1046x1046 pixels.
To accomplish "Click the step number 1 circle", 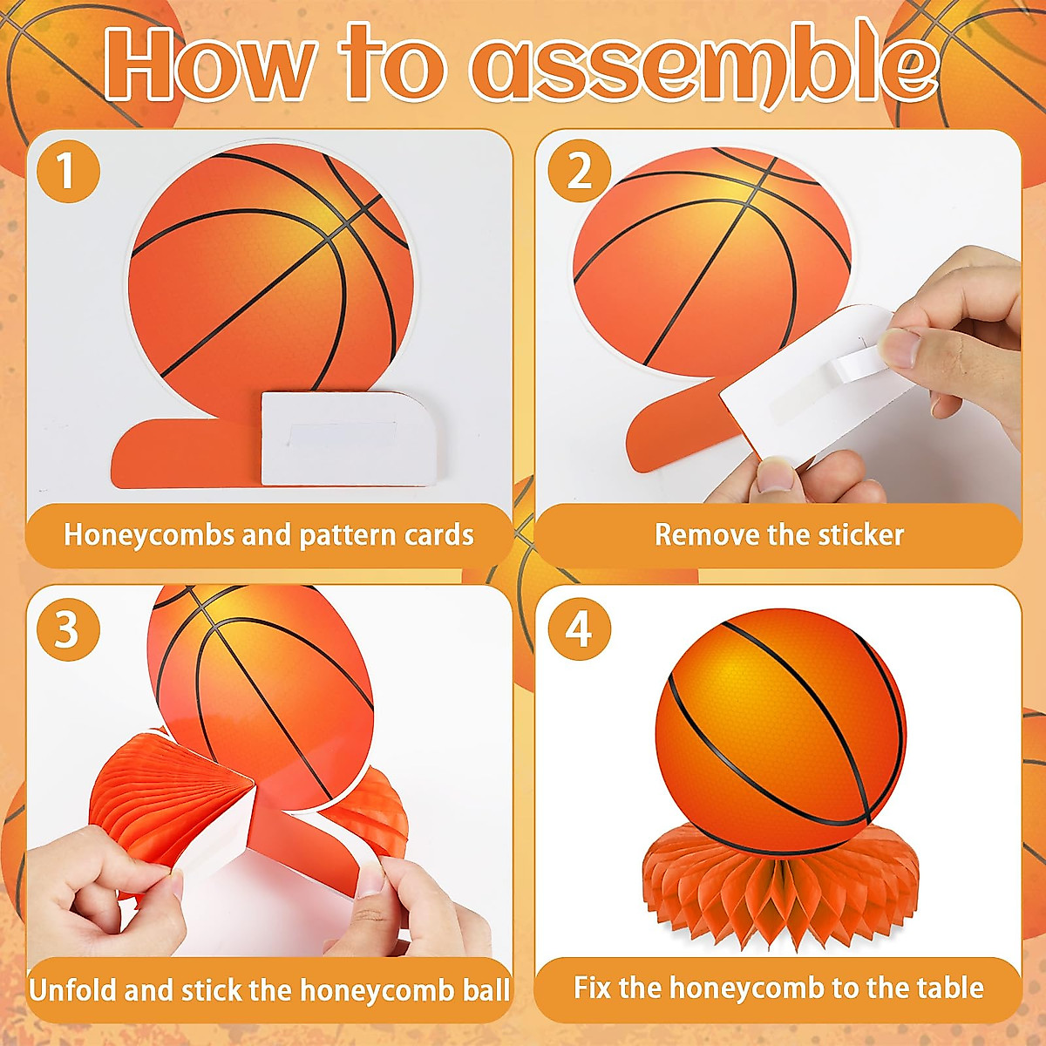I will coord(67,171).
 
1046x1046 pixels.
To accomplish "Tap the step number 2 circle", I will coord(579,171).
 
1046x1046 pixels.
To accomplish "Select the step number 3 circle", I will coord(67,629).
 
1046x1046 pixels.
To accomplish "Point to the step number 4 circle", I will coord(579,629).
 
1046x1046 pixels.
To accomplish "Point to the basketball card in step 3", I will coord(261,680).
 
